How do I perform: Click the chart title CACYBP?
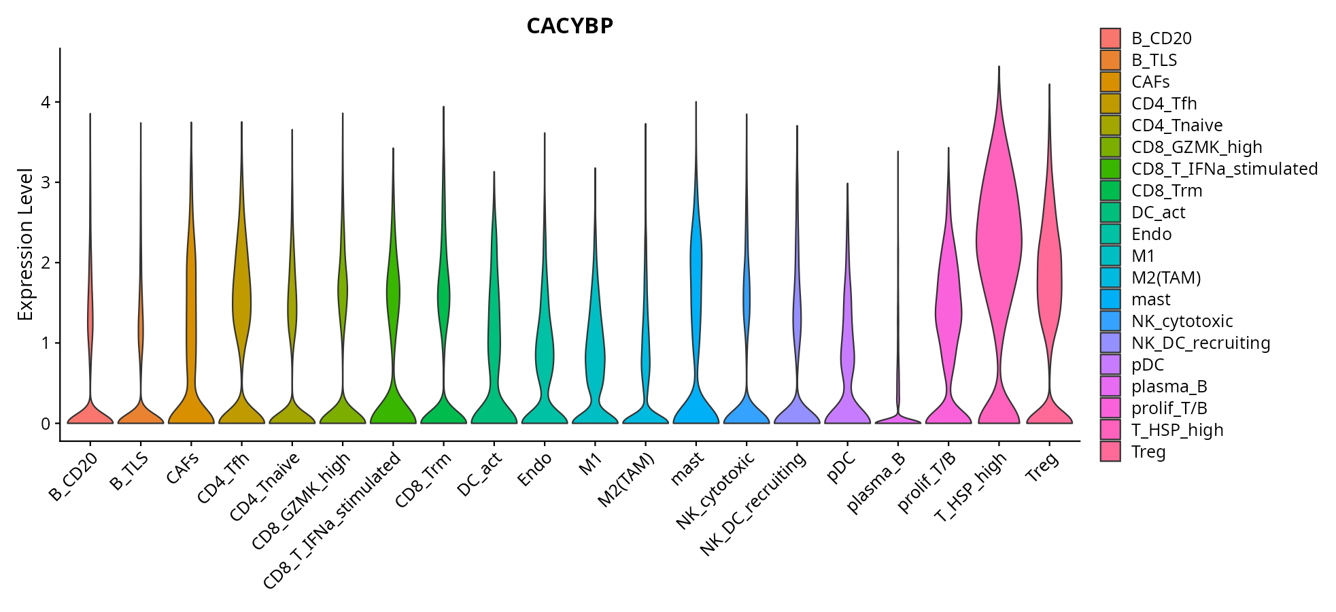[570, 26]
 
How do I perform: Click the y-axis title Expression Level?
[25, 245]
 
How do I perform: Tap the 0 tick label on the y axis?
[46, 424]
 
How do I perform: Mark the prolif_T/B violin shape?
[948, 306]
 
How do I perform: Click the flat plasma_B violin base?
[897, 421]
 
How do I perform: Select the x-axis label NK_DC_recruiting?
[754, 504]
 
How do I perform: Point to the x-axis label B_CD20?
[73, 477]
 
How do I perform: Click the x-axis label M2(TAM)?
[626, 480]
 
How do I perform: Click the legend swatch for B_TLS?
[1110, 61]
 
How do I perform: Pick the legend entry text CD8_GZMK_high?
[1197, 148]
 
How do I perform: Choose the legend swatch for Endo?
[1110, 235]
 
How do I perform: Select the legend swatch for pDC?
[1110, 365]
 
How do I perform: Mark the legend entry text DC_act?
[1158, 213]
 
